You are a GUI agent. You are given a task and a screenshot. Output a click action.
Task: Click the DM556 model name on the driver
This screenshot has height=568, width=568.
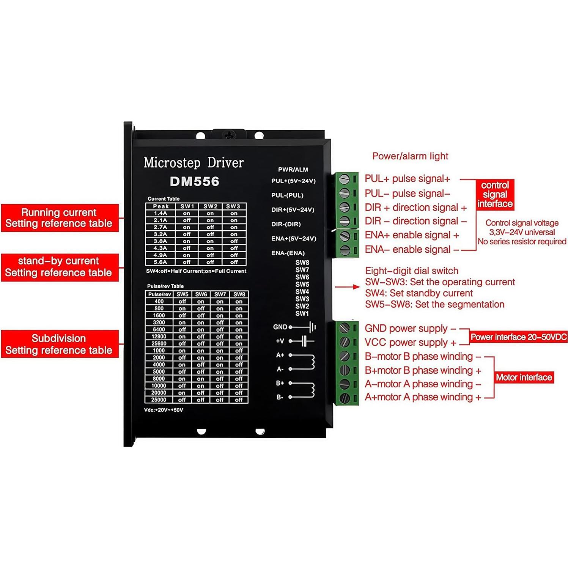pyautogui.click(x=194, y=181)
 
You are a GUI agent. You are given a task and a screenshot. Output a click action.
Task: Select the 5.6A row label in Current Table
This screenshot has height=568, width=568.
pyautogui.click(x=160, y=262)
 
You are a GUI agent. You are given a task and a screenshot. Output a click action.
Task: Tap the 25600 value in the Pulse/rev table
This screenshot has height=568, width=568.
pyautogui.click(x=159, y=343)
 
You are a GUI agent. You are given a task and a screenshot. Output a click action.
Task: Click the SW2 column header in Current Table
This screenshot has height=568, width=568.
pyautogui.click(x=210, y=206)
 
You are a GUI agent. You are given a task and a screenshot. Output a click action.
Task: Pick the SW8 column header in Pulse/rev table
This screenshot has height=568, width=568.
pyautogui.click(x=239, y=294)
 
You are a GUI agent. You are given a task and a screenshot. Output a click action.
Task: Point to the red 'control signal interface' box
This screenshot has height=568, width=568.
pyautogui.click(x=495, y=195)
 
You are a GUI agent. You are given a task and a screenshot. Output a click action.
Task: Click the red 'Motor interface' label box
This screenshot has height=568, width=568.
pyautogui.click(x=524, y=377)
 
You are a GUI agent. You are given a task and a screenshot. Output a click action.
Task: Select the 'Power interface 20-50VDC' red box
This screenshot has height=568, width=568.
pyautogui.click(x=518, y=337)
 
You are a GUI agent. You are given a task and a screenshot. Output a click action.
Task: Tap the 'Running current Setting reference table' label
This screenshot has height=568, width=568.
pyautogui.click(x=59, y=218)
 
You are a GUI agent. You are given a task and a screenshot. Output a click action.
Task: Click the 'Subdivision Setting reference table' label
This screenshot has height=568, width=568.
pyautogui.click(x=59, y=344)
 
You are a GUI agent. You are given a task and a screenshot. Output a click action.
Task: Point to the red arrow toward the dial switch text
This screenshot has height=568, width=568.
pyautogui.click(x=347, y=287)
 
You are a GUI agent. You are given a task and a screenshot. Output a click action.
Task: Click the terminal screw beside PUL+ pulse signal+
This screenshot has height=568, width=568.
pyautogui.click(x=344, y=179)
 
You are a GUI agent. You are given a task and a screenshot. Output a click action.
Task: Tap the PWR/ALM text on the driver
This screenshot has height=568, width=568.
pyautogui.click(x=293, y=170)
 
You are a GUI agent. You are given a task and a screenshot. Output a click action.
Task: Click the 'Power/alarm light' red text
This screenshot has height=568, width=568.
pyautogui.click(x=410, y=156)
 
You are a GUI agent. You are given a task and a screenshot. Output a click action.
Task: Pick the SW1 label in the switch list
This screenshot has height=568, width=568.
pyautogui.click(x=302, y=313)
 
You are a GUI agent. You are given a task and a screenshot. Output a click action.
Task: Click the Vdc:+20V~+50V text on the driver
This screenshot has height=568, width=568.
pyautogui.click(x=164, y=410)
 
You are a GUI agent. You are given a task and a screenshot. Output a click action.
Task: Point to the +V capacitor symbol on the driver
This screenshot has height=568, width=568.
pyautogui.click(x=304, y=341)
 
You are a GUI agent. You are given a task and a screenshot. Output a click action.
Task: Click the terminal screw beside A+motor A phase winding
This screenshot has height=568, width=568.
pyautogui.click(x=344, y=398)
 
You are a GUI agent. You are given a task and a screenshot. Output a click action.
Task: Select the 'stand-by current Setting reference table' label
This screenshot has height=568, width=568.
pyautogui.click(x=59, y=267)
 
